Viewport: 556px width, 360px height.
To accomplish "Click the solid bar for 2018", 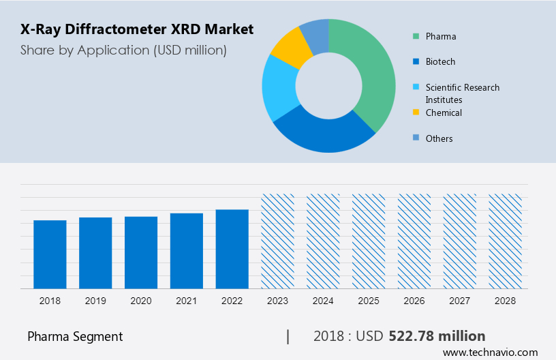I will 50,254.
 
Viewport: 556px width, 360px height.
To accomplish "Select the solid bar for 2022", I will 232,249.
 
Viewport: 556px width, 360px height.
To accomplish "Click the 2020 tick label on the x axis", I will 141,301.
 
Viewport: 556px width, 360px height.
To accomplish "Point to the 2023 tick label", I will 278,301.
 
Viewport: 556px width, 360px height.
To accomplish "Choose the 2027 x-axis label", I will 460,301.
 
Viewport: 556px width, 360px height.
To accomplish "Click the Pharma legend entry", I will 441,36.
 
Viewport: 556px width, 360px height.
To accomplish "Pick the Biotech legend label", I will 440,61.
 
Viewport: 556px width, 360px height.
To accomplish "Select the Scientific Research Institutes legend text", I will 462,93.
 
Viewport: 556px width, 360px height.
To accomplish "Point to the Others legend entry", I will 439,138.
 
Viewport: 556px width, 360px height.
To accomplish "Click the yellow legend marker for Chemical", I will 416,112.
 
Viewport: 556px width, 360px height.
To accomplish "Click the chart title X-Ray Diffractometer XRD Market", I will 136,29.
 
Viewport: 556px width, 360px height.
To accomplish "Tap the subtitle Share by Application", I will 123,50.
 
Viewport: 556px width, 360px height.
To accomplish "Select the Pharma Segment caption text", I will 75,336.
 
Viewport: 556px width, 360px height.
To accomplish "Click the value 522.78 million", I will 437,336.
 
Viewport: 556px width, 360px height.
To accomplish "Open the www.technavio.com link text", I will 490,352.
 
